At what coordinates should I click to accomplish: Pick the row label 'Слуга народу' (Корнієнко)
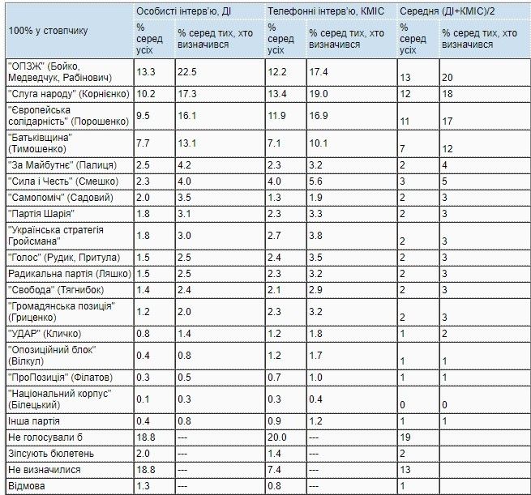(x=68, y=94)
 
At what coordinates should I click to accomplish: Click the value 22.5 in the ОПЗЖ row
(x=187, y=74)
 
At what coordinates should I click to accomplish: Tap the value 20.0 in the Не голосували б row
(x=277, y=438)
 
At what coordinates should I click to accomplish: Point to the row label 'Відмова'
(x=25, y=486)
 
